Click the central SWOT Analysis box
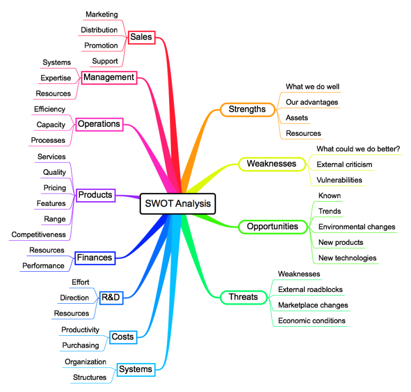pyautogui.click(x=178, y=204)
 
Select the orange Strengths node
pyautogui.click(x=247, y=110)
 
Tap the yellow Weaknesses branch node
pyautogui.click(x=271, y=164)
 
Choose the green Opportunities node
pyautogui.click(x=272, y=227)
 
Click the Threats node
pyautogui.click(x=243, y=297)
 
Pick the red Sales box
pyautogui.click(x=141, y=37)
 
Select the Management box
pyautogui.click(x=109, y=78)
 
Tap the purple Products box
pyautogui.click(x=95, y=195)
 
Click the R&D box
pyautogui.click(x=110, y=297)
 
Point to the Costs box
pyautogui.click(x=122, y=337)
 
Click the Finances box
pyautogui.click(x=94, y=258)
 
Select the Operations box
pyautogui.click(x=99, y=124)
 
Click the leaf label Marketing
pyautogui.click(x=102, y=14)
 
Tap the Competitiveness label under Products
pyautogui.click(x=39, y=234)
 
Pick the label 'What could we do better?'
pyautogui.click(x=359, y=149)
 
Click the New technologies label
pyautogui.click(x=347, y=258)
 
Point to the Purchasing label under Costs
pyautogui.click(x=80, y=345)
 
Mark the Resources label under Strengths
pyautogui.click(x=303, y=133)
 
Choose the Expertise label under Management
pyautogui.click(x=56, y=78)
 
